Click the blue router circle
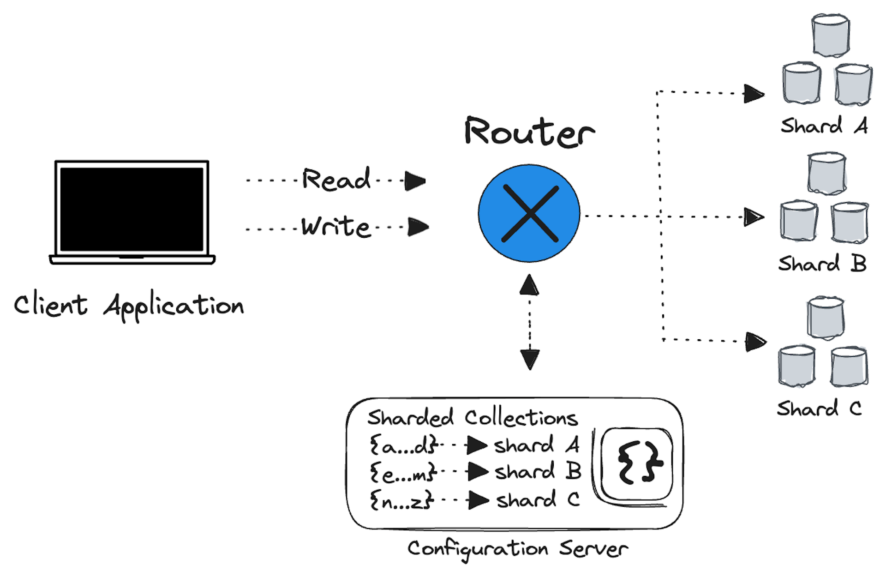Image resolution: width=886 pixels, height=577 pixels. coord(529,213)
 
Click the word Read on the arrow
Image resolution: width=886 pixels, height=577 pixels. coord(336,180)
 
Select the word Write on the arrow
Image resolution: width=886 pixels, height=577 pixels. coord(336,227)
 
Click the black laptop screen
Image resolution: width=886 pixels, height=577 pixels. coord(132,209)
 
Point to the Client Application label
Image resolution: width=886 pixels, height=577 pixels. coord(129,305)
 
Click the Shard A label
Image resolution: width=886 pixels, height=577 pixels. coord(824,126)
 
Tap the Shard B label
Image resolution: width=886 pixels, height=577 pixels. coord(822,264)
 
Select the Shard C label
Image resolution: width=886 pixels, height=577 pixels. coord(819,409)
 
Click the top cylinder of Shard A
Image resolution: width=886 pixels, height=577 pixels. coord(831,36)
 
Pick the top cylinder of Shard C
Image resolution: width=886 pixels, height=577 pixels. coord(826,318)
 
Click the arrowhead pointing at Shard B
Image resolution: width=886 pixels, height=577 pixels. coord(754,217)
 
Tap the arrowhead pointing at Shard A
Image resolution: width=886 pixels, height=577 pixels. coord(754,94)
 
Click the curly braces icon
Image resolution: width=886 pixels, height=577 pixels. coord(637,463)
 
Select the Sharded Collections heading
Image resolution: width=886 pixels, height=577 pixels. coord(472,418)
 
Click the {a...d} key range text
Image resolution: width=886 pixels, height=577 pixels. coord(403,446)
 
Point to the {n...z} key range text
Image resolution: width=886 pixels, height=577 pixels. coord(401,500)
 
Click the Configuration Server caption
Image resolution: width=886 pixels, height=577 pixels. coord(517,549)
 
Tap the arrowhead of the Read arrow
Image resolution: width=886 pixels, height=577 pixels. coord(414,181)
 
